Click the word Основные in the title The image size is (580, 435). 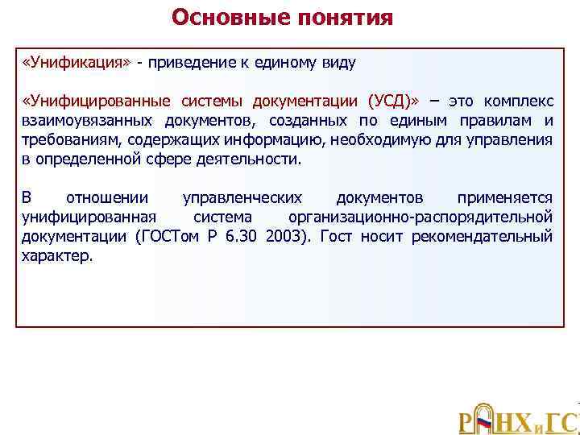227,18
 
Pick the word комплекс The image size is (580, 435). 517,101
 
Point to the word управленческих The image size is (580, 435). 242,197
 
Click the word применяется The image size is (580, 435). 505,197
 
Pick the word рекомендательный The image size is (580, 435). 482,236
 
